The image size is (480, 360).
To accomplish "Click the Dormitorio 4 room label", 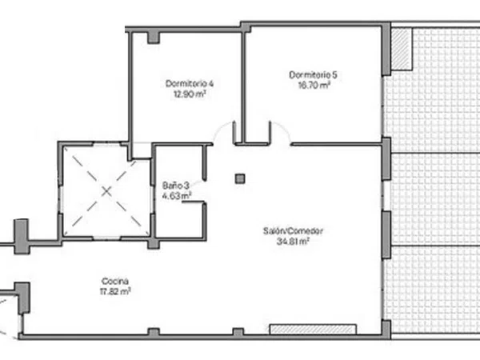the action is click(190, 83).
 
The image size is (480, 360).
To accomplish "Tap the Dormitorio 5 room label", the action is click(313, 74).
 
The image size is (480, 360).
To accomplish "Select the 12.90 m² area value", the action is click(190, 94).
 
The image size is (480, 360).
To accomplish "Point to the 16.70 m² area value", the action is click(314, 85).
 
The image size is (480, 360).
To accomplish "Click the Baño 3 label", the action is click(176, 186).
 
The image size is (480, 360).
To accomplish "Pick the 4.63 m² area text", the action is click(177, 195).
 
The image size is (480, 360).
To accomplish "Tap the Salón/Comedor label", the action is click(293, 231).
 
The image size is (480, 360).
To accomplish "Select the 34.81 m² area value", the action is click(293, 242).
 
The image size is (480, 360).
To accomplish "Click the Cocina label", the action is click(114, 281).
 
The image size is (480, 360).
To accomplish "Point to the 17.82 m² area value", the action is click(115, 291).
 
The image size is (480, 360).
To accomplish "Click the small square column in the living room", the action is click(240, 178).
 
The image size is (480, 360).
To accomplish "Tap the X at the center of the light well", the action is click(106, 192).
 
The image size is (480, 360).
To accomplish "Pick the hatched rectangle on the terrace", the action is click(402, 49).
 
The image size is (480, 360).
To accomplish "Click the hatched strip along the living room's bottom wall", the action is click(313, 329).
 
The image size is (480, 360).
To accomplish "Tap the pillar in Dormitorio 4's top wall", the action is click(154, 38).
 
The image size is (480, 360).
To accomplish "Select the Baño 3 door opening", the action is click(204, 191).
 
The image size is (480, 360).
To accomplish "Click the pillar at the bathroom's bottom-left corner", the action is click(154, 243).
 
